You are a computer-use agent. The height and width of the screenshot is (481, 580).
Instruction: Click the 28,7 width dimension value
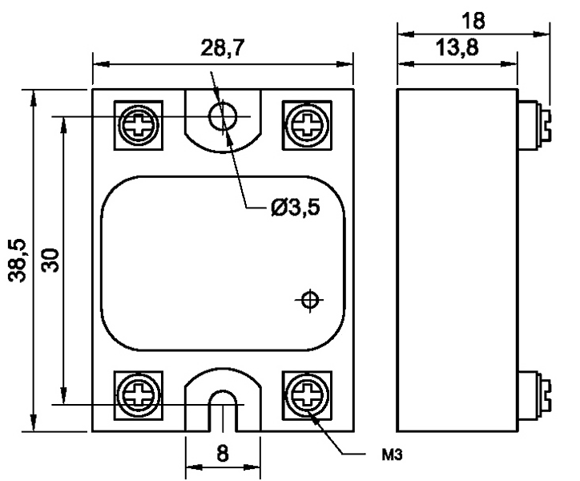223,48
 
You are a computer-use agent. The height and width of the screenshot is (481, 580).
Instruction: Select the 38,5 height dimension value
18,261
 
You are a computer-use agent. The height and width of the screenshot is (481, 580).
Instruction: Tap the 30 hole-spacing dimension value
50,261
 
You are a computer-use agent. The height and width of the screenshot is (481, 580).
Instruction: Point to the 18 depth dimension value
473,21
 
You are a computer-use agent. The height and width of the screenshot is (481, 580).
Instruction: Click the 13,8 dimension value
457,48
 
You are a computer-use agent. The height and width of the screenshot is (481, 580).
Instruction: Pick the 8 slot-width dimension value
223,453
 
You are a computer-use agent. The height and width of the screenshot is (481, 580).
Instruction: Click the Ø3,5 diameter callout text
295,208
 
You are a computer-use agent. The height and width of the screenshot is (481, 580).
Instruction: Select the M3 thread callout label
392,455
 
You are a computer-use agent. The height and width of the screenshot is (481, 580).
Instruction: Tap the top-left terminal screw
139,125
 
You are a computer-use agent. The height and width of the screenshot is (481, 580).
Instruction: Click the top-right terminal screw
307,125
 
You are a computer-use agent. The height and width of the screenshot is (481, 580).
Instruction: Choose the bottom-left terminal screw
139,394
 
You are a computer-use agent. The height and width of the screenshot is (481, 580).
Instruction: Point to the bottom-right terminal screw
307,394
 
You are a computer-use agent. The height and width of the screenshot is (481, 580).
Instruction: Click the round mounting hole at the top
223,116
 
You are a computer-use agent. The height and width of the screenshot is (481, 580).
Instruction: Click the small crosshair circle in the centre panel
310,300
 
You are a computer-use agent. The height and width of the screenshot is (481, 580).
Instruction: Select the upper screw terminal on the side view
534,125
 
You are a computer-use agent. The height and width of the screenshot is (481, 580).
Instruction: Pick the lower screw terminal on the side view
534,395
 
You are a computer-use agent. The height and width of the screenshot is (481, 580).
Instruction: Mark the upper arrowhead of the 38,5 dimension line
34,99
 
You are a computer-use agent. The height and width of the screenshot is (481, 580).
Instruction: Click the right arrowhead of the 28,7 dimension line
344,64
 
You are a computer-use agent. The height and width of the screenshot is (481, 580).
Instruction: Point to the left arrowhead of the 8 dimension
194,467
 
